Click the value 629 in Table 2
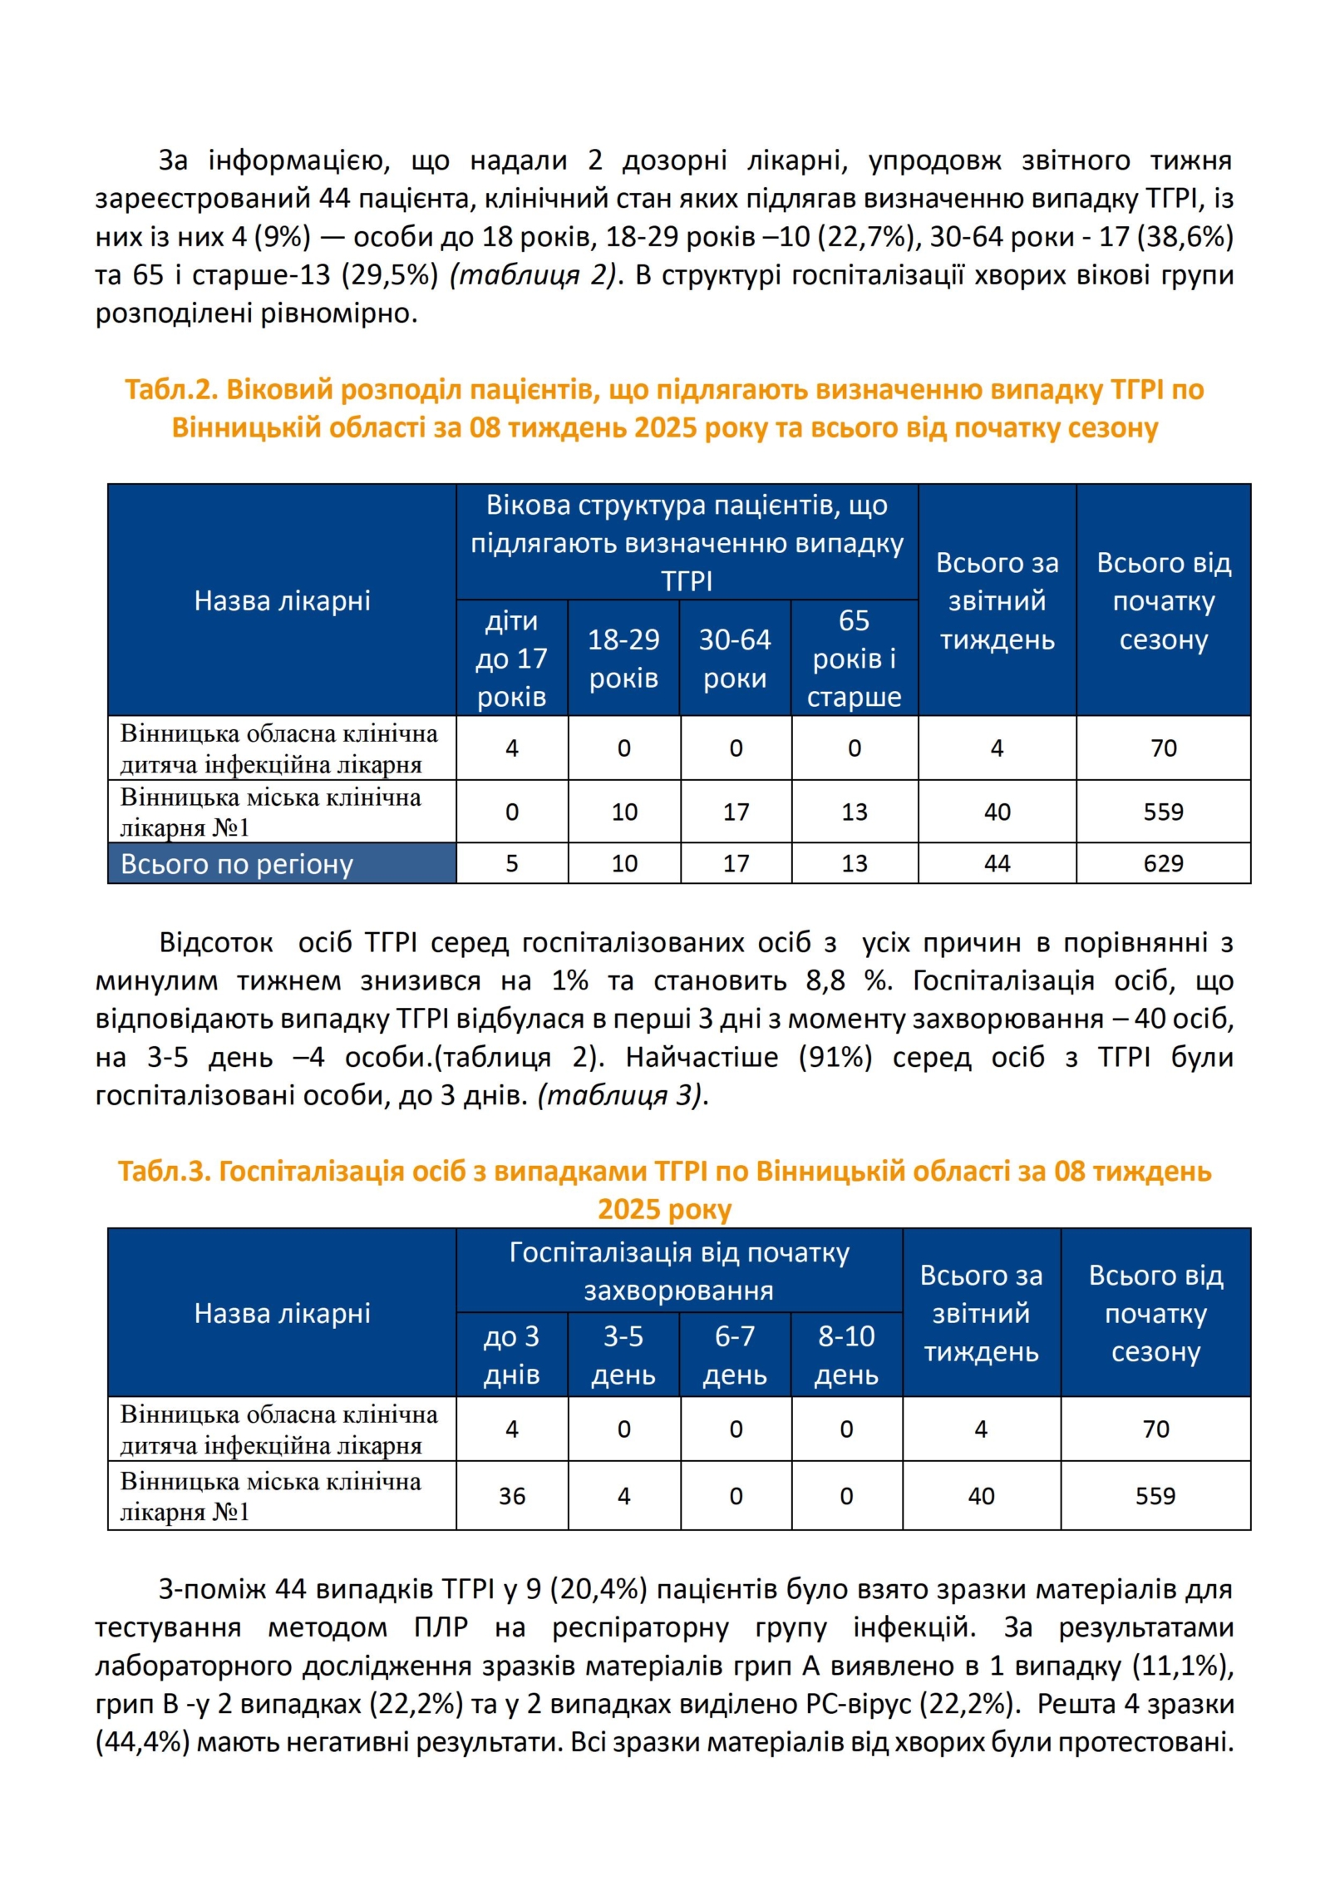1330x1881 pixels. point(1162,863)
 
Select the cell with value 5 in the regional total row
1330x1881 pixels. point(511,863)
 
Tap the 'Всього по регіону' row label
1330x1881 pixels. point(237,864)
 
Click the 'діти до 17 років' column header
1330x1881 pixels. point(511,659)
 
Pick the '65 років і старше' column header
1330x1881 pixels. point(854,659)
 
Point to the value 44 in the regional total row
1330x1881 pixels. point(997,863)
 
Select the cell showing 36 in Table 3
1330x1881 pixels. point(511,1496)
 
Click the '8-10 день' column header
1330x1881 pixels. point(846,1355)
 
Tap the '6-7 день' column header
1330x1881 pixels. point(735,1355)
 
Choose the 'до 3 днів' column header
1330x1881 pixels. point(511,1355)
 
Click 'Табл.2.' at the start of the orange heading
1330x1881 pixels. point(171,389)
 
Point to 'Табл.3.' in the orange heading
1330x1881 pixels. point(164,1171)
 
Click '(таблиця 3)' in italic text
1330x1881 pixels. point(623,1094)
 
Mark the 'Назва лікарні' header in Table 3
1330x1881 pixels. point(282,1313)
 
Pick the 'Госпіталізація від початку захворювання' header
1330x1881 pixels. point(679,1271)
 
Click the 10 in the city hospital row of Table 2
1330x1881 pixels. point(624,812)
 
